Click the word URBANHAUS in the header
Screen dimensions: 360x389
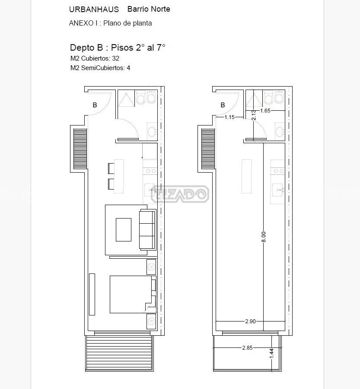pyautogui.click(x=94, y=10)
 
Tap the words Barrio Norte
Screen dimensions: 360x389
pyautogui.click(x=149, y=9)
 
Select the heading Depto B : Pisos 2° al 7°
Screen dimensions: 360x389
pyautogui.click(x=118, y=48)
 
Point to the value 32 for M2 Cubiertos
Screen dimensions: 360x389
pyautogui.click(x=116, y=58)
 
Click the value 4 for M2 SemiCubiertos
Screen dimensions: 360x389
pyautogui.click(x=128, y=68)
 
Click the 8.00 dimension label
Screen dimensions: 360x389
pyautogui.click(x=264, y=237)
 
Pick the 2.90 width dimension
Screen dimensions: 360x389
pyautogui.click(x=250, y=321)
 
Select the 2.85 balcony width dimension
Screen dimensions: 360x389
pyautogui.click(x=247, y=348)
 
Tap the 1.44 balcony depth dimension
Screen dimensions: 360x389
pyautogui.click(x=271, y=354)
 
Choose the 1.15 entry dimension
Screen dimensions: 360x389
pyautogui.click(x=229, y=117)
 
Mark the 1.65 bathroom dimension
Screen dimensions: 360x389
pyautogui.click(x=265, y=111)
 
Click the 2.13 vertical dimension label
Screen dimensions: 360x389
pyautogui.click(x=253, y=115)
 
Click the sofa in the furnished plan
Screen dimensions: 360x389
pyautogui.click(x=147, y=230)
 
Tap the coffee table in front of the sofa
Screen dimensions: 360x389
pyautogui.click(x=124, y=230)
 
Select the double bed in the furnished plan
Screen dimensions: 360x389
pyautogui.click(x=133, y=294)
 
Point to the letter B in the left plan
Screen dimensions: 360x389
pyautogui.click(x=95, y=105)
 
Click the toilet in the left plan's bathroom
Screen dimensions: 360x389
pyautogui.click(x=141, y=97)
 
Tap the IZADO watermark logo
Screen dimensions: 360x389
pyautogui.click(x=180, y=194)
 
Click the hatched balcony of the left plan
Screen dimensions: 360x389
pyautogui.click(x=119, y=353)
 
